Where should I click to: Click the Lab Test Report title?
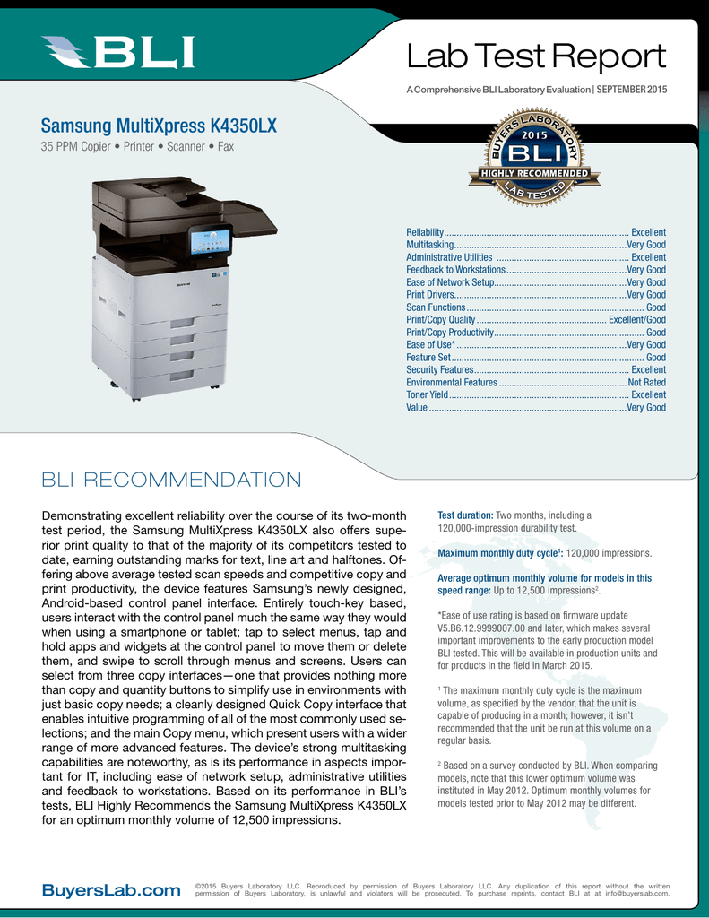tap(536, 58)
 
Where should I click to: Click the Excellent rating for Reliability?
tap(648, 232)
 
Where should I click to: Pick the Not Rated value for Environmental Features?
tap(646, 382)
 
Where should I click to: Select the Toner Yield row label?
tap(427, 394)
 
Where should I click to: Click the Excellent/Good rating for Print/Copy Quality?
tap(636, 319)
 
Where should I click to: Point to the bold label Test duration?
tap(465, 515)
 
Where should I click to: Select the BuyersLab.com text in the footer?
tap(111, 890)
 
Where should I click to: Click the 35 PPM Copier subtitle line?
tap(137, 146)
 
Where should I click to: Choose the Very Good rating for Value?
tap(646, 407)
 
